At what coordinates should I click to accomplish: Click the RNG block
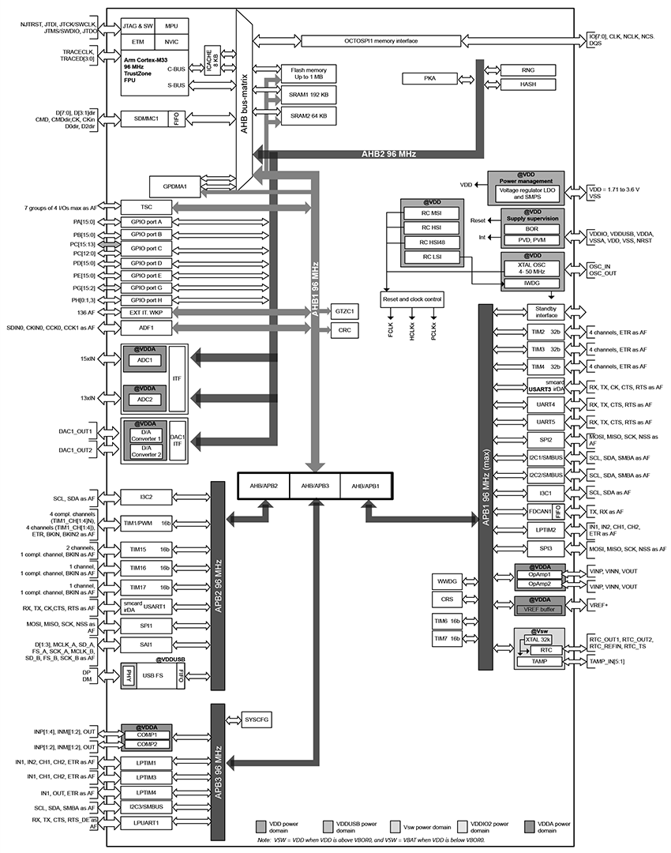click(528, 70)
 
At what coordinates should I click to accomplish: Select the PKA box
click(429, 78)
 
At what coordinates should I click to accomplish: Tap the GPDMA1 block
click(174, 186)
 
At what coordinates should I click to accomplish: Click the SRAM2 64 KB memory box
click(309, 115)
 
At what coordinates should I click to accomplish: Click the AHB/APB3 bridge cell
click(315, 486)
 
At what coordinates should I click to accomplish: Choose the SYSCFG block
click(256, 720)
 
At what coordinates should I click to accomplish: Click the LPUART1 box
click(145, 822)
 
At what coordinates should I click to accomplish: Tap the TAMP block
click(539, 661)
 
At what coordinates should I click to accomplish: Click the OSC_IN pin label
click(603, 267)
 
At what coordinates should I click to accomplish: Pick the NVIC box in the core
click(171, 41)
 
